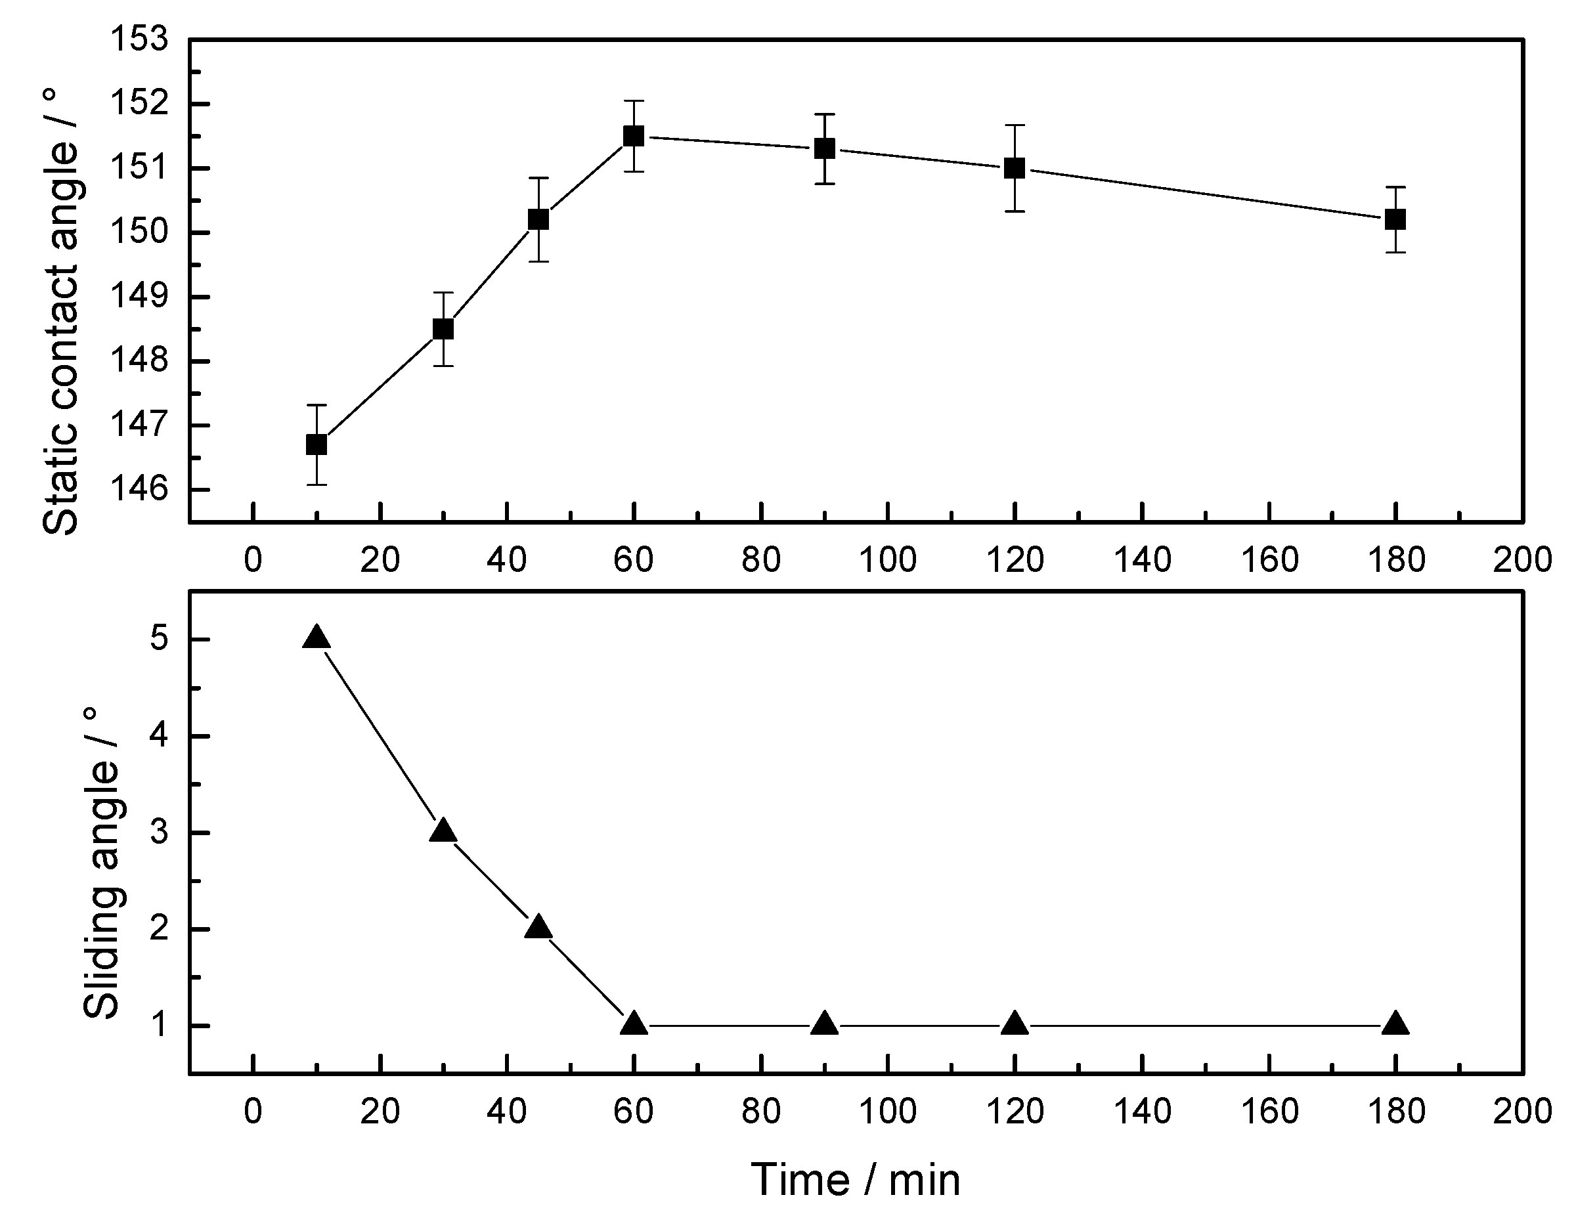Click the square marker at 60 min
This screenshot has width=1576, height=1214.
pyautogui.click(x=634, y=136)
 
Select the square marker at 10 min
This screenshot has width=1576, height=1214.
pyautogui.click(x=316, y=444)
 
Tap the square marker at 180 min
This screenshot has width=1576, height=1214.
pyautogui.click(x=1395, y=219)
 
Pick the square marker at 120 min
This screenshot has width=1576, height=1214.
pyautogui.click(x=1015, y=168)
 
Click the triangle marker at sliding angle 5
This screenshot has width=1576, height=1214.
pyautogui.click(x=316, y=638)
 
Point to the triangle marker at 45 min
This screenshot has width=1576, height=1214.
pyautogui.click(x=538, y=928)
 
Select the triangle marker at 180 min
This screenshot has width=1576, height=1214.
pyautogui.click(x=1395, y=1024)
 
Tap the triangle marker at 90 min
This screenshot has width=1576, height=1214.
pyautogui.click(x=824, y=1024)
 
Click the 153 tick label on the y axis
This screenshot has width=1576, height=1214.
pyautogui.click(x=138, y=39)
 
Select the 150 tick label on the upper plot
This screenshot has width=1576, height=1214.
pyautogui.click(x=138, y=232)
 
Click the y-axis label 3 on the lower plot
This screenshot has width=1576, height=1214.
pyautogui.click(x=159, y=833)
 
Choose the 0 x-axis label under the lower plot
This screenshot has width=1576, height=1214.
pyautogui.click(x=253, y=1112)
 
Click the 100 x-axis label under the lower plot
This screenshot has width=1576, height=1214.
pyautogui.click(x=888, y=1112)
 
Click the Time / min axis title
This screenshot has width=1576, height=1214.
pyautogui.click(x=856, y=1180)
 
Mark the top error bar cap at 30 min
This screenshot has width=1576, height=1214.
pyautogui.click(x=443, y=293)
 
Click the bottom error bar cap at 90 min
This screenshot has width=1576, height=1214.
pyautogui.click(x=824, y=184)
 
